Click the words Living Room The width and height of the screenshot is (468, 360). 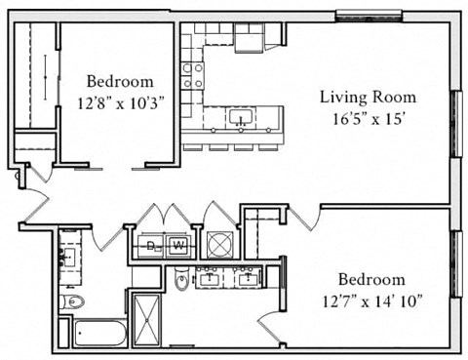pos(369,97)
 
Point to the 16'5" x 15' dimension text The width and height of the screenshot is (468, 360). pos(369,117)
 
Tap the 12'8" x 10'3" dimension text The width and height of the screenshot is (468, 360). pos(118,100)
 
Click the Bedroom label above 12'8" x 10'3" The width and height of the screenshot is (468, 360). pos(119,81)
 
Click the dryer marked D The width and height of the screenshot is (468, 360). pos(152,246)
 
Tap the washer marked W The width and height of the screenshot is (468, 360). pos(178,246)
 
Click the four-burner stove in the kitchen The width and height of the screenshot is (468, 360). pos(193,75)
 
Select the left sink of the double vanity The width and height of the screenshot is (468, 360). pos(211,277)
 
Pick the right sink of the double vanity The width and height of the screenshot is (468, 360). pos(249,277)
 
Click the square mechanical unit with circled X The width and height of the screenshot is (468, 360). pos(216,245)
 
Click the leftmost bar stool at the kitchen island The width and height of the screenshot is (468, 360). pos(191,147)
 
